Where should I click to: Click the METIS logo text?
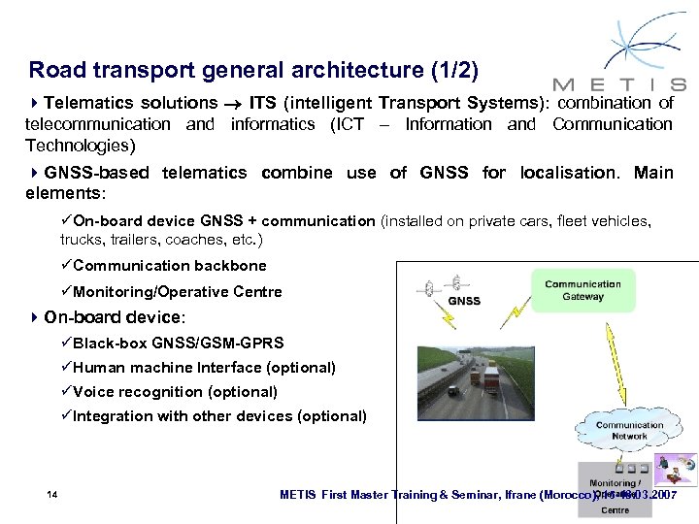pyautogui.click(x=618, y=83)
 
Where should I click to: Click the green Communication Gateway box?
pyautogui.click(x=582, y=290)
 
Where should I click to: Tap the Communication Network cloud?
pyautogui.click(x=629, y=430)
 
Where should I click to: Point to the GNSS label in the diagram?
pyautogui.click(x=464, y=301)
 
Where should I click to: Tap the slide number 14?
pyautogui.click(x=52, y=495)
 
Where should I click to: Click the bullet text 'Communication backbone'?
pyautogui.click(x=169, y=265)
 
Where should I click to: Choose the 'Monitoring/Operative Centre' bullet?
pyautogui.click(x=177, y=291)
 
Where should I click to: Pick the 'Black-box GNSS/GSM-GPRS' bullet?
pyautogui.click(x=178, y=343)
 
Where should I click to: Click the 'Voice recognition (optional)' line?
pyautogui.click(x=175, y=392)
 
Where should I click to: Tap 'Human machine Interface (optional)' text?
pyautogui.click(x=204, y=368)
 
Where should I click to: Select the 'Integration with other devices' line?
pyautogui.click(x=219, y=416)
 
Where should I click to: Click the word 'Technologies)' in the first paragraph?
pyautogui.click(x=80, y=146)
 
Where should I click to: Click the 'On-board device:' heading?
pyautogui.click(x=114, y=316)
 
